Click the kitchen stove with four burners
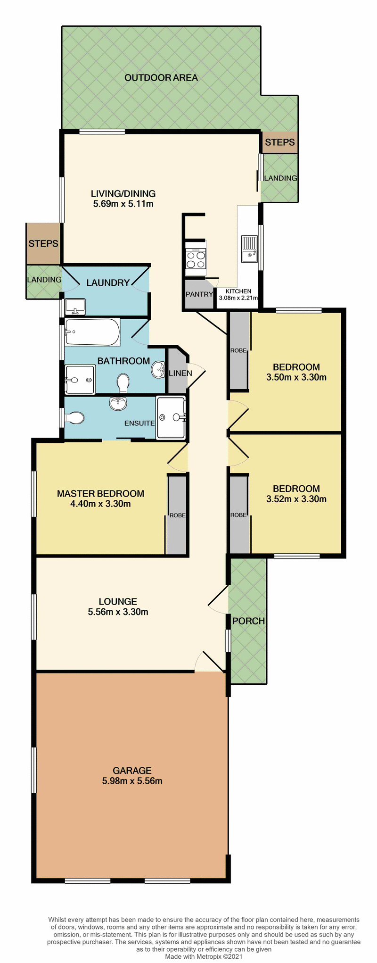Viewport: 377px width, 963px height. pos(196,259)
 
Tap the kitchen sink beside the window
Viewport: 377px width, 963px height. pos(249,249)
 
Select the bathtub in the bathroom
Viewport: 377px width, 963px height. pos(93,332)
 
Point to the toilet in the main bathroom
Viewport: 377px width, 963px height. pos(123,382)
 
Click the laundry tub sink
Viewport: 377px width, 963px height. pos(75,307)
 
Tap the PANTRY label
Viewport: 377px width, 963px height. pos(199,294)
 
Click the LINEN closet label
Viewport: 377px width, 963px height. pos(180,373)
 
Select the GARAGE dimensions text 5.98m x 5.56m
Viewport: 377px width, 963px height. pos(132,781)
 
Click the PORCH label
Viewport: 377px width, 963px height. pos(248,621)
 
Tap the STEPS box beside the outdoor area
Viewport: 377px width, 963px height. pos(279,142)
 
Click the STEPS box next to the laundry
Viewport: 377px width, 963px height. pos(43,244)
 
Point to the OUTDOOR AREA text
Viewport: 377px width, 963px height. pos(161,78)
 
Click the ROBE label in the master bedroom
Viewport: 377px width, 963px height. pos(177,515)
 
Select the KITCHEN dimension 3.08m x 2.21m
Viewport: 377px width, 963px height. pos(238,298)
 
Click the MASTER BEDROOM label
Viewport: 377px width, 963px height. pos(100,494)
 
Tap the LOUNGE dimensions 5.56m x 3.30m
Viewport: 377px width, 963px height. pos(118,612)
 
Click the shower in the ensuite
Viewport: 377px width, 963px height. pos(171,417)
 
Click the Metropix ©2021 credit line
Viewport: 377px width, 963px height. pos(204,957)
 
